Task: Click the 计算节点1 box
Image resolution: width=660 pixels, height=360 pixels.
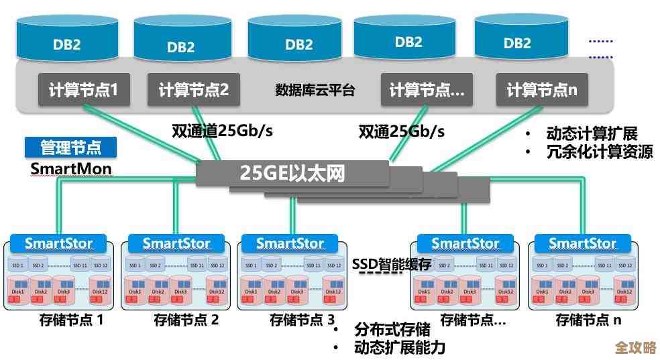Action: pos(83,90)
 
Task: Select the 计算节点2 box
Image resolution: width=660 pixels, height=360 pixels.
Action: pos(194,90)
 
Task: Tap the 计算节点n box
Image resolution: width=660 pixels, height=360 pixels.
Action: pos(542,90)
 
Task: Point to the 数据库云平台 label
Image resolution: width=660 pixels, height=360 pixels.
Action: pos(315,90)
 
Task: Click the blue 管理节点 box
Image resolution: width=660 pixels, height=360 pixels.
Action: pos(71,147)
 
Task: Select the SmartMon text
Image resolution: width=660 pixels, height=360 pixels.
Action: pos(71,168)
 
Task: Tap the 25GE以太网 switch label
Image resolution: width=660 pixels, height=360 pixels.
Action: pos(292,173)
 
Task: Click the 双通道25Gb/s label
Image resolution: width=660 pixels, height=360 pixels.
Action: pos(222,130)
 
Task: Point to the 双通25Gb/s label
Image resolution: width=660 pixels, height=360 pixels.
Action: pos(401,130)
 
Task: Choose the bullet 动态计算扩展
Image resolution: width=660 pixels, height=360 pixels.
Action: pos(591,133)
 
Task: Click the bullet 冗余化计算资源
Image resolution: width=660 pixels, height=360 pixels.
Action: pos(599,152)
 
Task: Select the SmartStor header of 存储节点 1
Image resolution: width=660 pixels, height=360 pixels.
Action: pos(58,243)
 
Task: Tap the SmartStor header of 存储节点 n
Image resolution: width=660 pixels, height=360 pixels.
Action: pos(582,243)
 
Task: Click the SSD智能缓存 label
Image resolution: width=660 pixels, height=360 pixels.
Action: pos(392,264)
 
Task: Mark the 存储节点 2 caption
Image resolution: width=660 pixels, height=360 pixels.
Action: pos(186,320)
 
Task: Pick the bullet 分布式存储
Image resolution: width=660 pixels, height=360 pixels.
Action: pos(392,330)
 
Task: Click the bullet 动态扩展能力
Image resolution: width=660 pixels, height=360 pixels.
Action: pos(399,347)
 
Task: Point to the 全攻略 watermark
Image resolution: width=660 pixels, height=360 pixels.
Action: pos(635,348)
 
